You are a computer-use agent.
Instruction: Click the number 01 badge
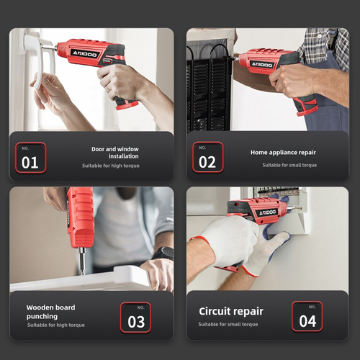pos(30,158)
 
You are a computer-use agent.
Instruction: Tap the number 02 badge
pos(208,157)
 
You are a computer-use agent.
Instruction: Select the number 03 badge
pos(135,318)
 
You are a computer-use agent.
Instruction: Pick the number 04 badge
pos(307,316)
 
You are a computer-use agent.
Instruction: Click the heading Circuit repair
pos(231,312)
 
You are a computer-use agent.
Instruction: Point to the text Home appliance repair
pos(283,153)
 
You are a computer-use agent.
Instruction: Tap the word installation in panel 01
pos(124,156)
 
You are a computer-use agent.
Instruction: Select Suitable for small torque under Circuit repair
pos(228,324)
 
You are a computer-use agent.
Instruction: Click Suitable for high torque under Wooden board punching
pos(56,325)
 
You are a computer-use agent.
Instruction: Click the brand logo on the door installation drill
pos(85,54)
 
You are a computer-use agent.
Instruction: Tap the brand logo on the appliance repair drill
pos(262,64)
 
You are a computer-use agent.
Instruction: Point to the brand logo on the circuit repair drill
pos(267,212)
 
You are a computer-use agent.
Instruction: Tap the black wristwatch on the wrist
pos(163,253)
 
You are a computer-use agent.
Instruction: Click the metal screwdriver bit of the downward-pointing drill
pos(82,261)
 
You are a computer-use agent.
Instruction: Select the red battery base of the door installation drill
pos(127,105)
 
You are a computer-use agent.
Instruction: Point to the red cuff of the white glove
pos(200,240)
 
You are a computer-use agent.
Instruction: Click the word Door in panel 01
pos(98,149)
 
